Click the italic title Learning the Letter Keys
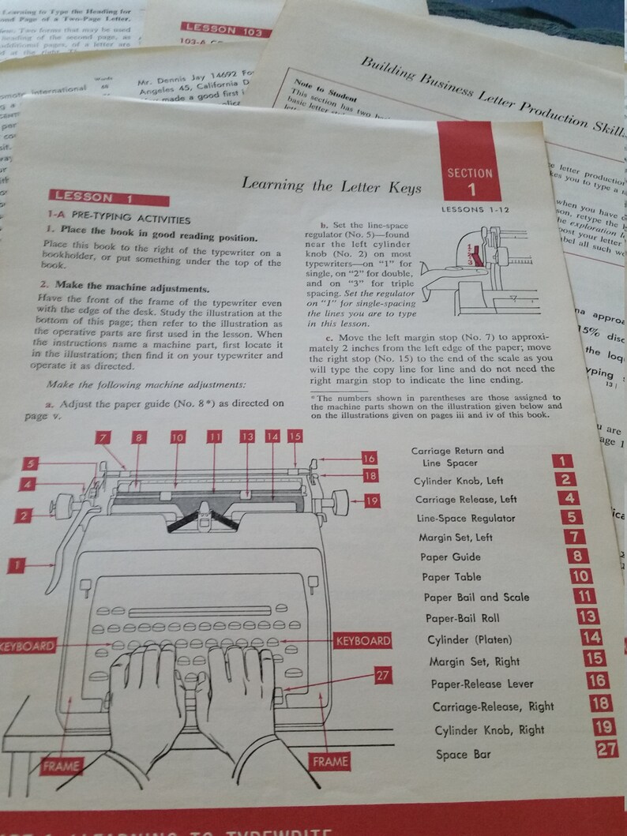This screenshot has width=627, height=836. (331, 186)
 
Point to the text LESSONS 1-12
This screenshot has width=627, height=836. (476, 210)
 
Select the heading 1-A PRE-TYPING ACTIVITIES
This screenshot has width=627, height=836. (118, 219)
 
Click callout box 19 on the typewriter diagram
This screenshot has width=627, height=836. (372, 500)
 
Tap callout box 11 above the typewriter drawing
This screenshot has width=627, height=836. (215, 437)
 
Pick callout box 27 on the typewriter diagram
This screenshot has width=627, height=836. (382, 675)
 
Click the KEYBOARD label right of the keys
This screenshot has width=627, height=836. (362, 640)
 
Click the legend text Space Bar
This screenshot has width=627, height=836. (463, 754)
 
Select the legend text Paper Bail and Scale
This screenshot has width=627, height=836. (476, 598)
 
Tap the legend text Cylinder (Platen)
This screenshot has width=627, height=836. (469, 639)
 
